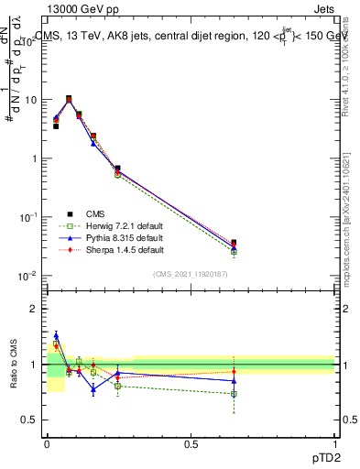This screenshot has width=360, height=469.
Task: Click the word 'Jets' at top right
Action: click(322, 10)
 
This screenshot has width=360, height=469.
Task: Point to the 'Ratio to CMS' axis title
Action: click(15, 380)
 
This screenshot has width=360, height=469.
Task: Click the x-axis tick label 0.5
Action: click(191, 442)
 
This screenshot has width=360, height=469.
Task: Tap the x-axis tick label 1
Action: click(334, 442)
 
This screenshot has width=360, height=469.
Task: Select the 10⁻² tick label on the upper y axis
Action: click(30, 277)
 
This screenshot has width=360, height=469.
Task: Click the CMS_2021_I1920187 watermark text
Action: click(191, 275)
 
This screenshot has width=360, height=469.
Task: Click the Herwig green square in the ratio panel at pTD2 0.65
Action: click(235, 394)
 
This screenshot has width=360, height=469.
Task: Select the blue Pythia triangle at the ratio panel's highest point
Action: click(56, 335)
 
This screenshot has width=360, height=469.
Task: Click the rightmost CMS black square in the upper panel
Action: click(235, 243)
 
